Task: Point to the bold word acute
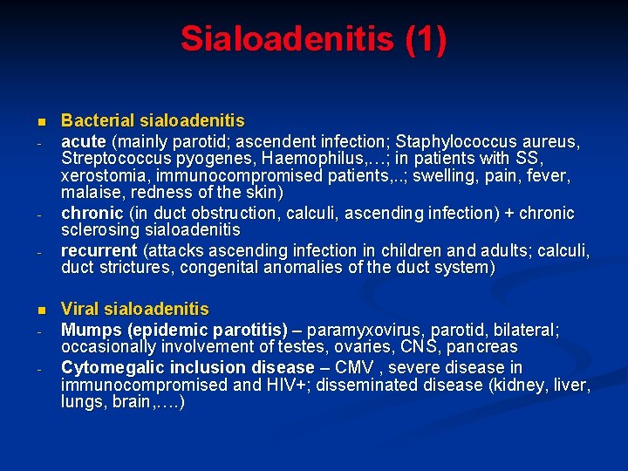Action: [x=84, y=140]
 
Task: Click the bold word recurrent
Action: [x=99, y=250]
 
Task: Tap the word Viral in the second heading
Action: [x=80, y=309]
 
